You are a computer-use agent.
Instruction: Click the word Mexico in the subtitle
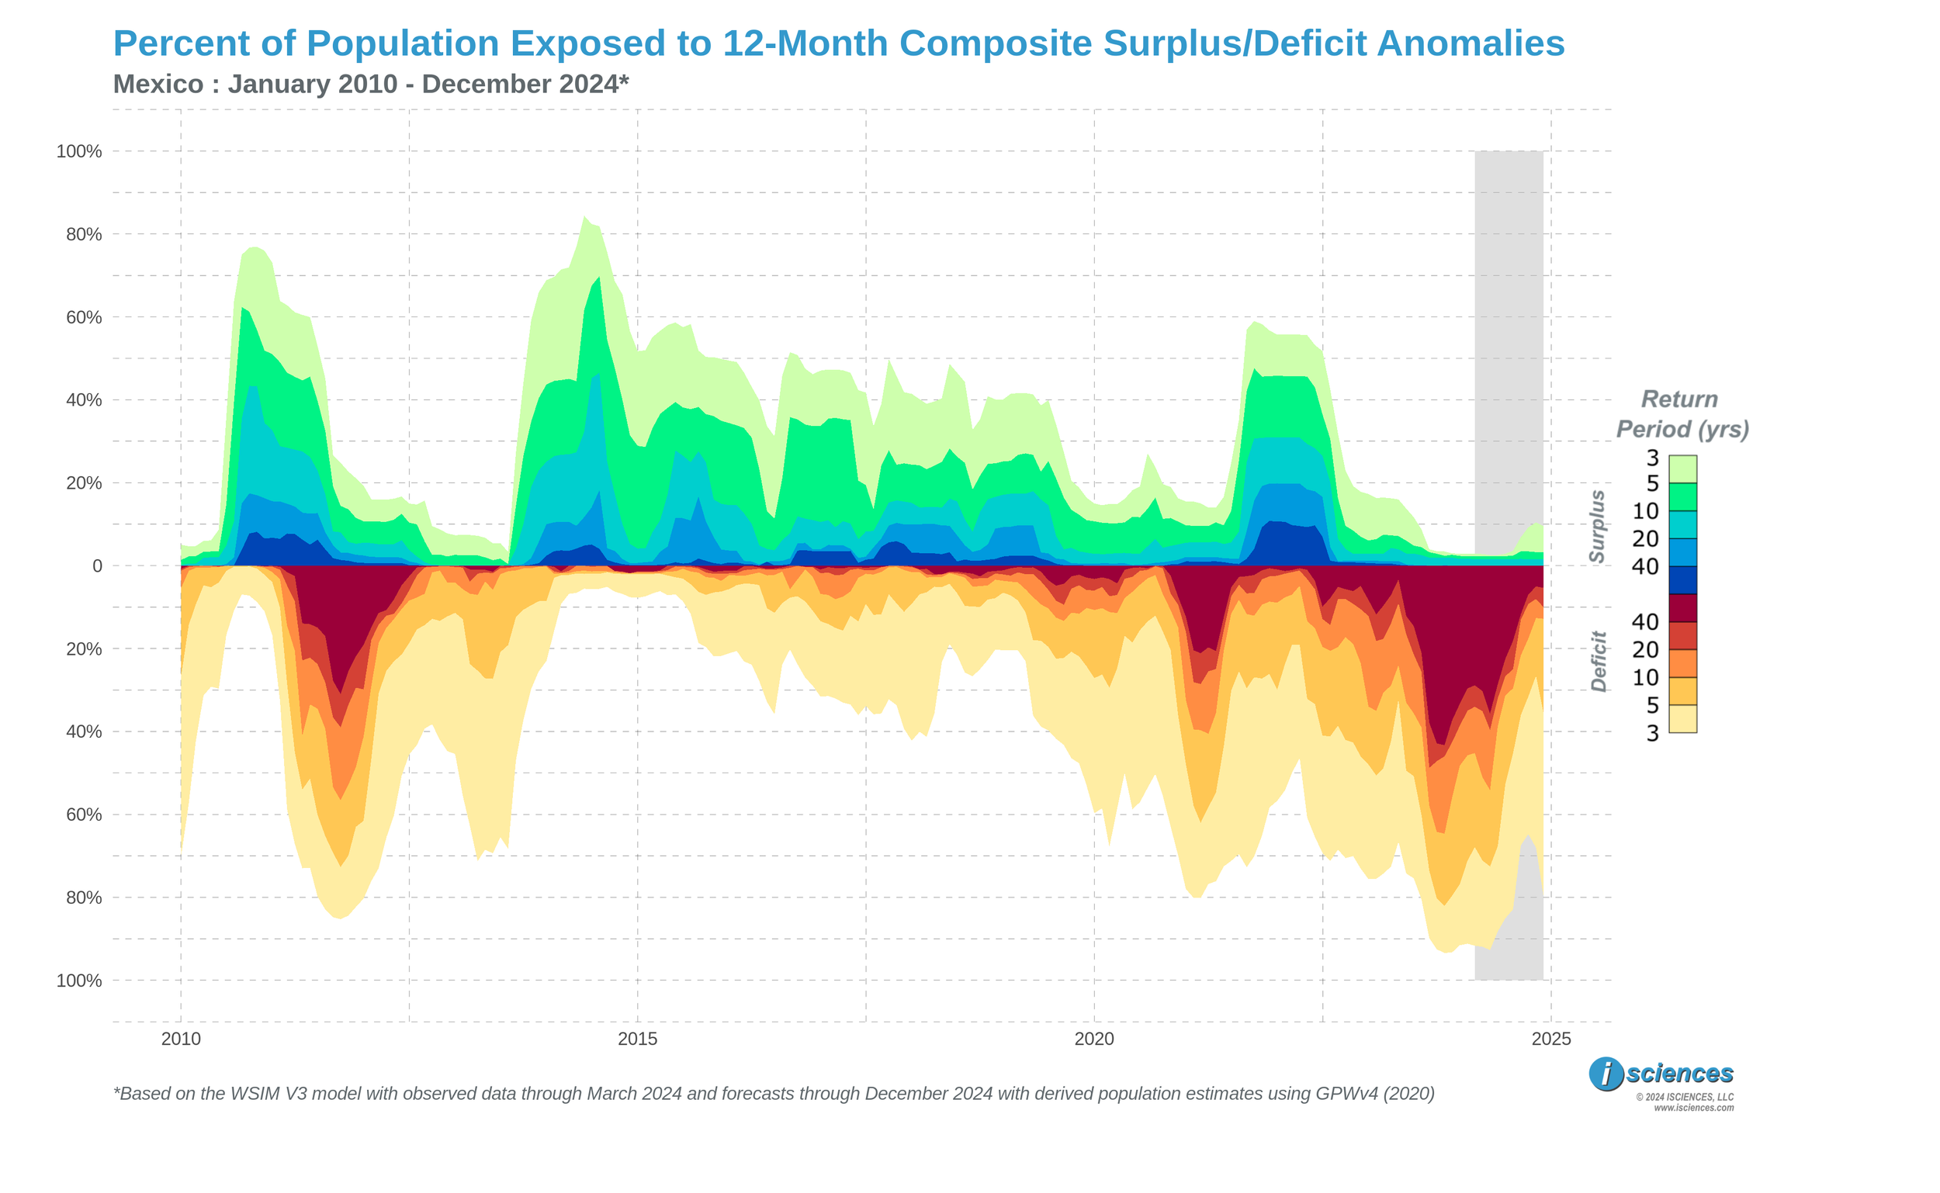pos(158,84)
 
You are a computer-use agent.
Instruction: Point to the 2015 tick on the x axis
pos(637,1039)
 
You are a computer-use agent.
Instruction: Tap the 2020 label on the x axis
pos(1094,1039)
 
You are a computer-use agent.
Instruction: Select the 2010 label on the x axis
pos(181,1039)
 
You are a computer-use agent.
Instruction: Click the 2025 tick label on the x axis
pos(1551,1039)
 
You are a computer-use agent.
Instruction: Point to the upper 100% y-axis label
pos(79,151)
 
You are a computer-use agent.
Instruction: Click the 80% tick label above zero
pos(84,234)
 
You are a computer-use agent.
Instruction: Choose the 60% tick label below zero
pos(84,815)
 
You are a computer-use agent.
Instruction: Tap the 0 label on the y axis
pos(97,566)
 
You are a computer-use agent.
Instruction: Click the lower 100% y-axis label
pos(79,980)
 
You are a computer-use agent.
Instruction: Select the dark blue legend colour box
pos(1682,580)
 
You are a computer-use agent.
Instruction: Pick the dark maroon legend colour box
pos(1682,608)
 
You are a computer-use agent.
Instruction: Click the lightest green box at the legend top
pos(1682,469)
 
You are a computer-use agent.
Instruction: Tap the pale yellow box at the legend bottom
pos(1682,719)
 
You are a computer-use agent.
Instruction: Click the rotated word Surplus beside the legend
pos(1598,526)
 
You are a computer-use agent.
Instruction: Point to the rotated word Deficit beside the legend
pos(1599,661)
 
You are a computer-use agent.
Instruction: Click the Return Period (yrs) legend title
pos(1682,414)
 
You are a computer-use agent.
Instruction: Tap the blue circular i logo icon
pos(1606,1074)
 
